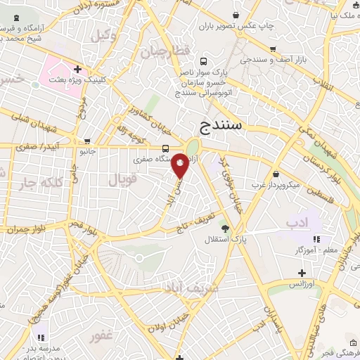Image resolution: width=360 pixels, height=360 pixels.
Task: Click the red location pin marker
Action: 181,165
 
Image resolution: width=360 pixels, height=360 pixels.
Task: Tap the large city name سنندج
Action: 226,127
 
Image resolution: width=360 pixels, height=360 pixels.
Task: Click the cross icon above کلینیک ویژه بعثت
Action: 77,70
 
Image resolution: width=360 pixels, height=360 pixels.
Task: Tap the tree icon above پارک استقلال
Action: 224,228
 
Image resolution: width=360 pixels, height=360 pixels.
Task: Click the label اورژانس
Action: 302,285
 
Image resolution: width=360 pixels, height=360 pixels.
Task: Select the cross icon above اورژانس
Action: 302,273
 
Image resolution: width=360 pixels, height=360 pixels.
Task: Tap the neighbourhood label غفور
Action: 101,336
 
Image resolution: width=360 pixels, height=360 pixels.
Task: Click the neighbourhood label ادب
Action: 297,223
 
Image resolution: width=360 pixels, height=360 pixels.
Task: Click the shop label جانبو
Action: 86,151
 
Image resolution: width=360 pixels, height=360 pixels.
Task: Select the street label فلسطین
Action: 327,191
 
